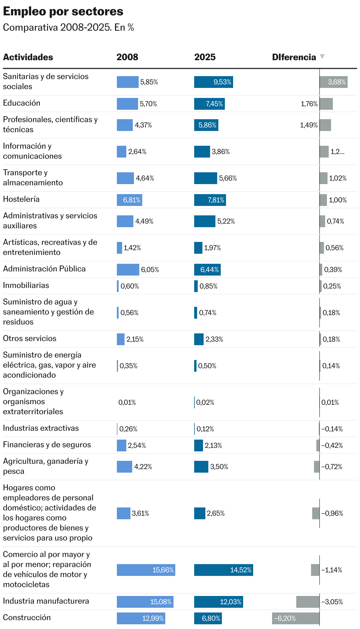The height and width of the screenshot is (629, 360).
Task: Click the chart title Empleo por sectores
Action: coord(63,12)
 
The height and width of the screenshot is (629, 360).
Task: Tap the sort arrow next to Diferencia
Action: coord(322,57)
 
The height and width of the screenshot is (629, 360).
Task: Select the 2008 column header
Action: coord(127,57)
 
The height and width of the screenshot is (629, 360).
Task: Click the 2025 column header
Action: coord(205,57)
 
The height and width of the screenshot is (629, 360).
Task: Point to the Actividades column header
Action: coord(28,57)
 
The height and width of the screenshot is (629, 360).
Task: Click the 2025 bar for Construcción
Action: coord(208,618)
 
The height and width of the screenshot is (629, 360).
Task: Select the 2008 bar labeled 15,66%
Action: coord(146,570)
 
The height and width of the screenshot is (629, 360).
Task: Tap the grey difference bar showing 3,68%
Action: coord(333,82)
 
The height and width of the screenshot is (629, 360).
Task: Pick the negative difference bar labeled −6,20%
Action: coord(295,618)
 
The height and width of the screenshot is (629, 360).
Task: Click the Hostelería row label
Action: coord(21,199)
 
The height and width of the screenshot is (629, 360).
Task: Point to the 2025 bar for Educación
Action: coord(209,104)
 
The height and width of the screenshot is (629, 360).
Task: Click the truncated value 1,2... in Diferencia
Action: coord(337,152)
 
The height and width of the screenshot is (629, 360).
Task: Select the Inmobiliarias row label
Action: coord(26,286)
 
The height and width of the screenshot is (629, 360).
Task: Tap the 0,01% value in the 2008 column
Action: coord(127,402)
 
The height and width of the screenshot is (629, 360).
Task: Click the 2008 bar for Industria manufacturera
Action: coord(145,602)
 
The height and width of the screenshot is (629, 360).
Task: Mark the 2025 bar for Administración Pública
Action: coord(207,270)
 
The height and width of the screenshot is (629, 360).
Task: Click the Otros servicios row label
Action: coord(30,339)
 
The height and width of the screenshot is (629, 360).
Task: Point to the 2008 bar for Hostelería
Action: coord(129,200)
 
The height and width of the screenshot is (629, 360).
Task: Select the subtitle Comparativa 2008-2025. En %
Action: coord(68,28)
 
